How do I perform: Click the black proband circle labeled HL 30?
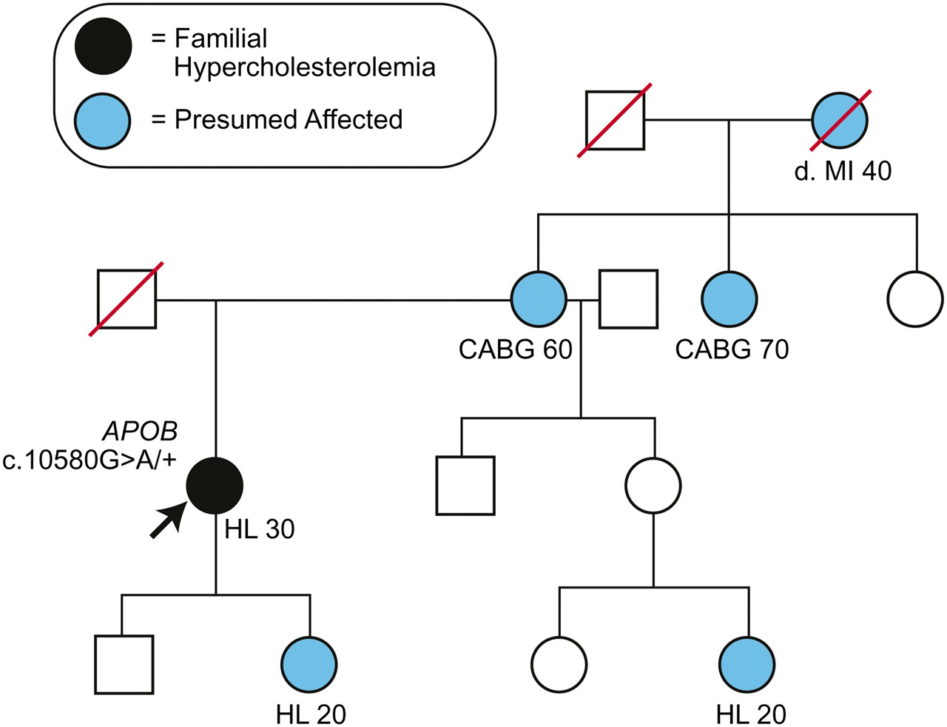(215, 486)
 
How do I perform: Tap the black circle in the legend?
(104, 47)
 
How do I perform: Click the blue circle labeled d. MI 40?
(840, 120)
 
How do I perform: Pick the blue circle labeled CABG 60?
(539, 300)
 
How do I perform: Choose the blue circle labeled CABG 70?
(729, 300)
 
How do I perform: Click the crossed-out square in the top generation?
(615, 120)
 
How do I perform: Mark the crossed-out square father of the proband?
(127, 300)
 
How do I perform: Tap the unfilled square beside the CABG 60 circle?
(628, 300)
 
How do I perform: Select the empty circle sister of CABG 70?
(915, 300)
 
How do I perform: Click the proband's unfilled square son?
(124, 664)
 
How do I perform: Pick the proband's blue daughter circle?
(309, 664)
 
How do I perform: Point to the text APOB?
(141, 432)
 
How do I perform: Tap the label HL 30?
(260, 529)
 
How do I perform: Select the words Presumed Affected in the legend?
(289, 120)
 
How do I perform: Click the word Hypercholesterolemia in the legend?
(305, 67)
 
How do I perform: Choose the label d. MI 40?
(843, 171)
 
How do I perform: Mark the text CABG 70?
(732, 349)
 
